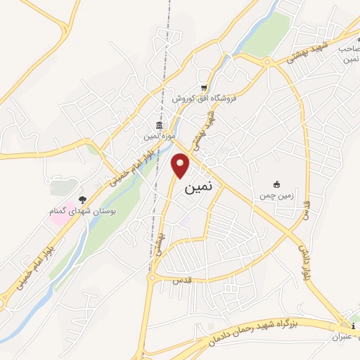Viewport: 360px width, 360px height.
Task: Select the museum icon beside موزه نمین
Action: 160,125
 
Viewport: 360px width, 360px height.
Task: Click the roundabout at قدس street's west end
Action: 153,278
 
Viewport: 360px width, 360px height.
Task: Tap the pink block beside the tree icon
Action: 58,212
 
